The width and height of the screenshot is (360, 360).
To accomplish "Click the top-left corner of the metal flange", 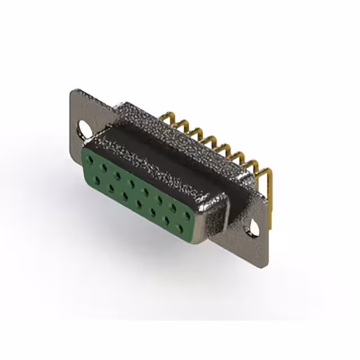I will pyautogui.click(x=74, y=90).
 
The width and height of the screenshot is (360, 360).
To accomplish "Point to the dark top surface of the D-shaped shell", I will pyautogui.click(x=169, y=152).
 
